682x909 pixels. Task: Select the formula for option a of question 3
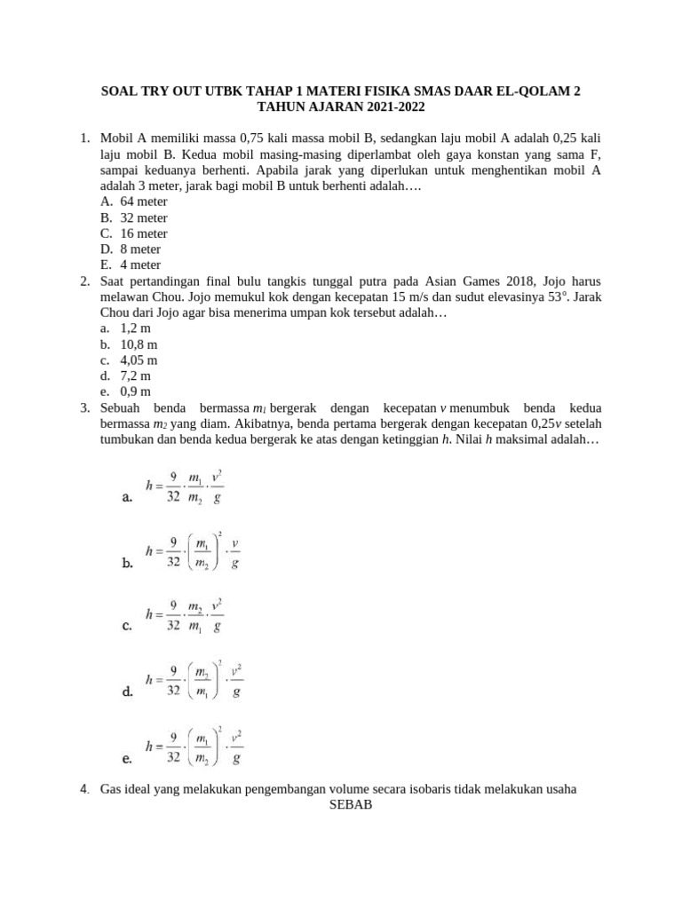pos(185,487)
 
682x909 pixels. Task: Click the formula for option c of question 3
pos(185,615)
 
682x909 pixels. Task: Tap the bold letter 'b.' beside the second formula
pos(127,563)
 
